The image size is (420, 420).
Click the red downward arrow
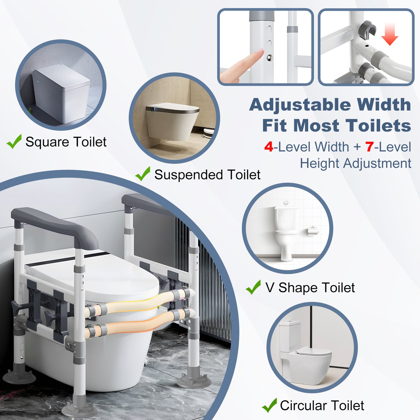389,34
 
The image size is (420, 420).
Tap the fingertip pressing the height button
258,54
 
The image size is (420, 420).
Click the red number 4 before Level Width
269,147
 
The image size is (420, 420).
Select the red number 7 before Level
369,147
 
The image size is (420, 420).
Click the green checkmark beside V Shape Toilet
253,287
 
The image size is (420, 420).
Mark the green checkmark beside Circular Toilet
269,405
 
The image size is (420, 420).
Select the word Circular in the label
303,406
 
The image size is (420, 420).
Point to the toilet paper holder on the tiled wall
313,231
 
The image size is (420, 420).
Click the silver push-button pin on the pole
269,58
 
